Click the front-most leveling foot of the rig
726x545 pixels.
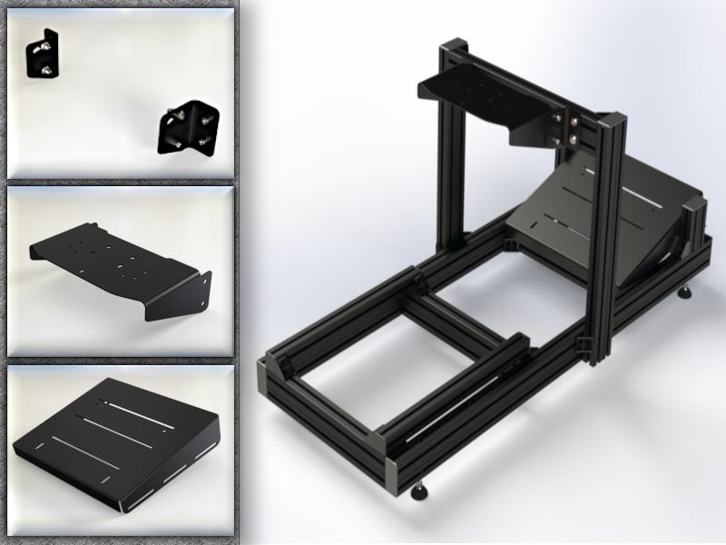click(419, 491)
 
